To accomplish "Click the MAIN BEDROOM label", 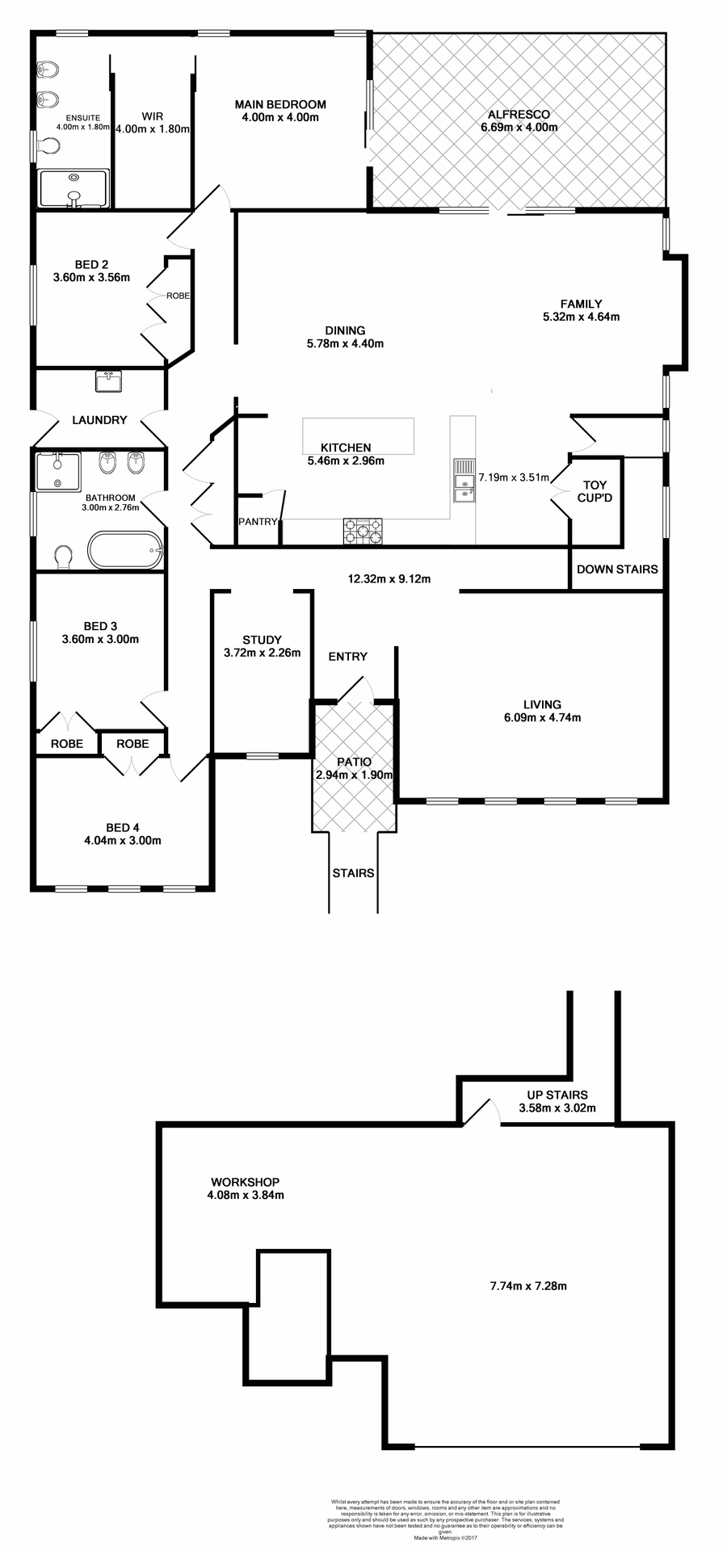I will [280, 104].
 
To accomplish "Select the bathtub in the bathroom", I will [125, 551].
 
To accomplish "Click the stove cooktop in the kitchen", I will [363, 531].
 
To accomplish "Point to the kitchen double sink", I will [464, 481].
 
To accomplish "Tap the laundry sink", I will [108, 380].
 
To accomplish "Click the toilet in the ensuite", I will [50, 146].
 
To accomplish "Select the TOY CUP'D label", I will [595, 492].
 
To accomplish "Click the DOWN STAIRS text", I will [617, 570].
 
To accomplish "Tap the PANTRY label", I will [258, 522].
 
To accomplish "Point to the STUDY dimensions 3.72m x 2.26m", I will [262, 653].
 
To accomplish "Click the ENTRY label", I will [348, 657].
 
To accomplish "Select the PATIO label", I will [354, 762].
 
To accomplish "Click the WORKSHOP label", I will [245, 1182].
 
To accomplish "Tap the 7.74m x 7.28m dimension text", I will [528, 1286].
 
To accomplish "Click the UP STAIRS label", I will [557, 1095].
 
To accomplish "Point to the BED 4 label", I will [123, 827].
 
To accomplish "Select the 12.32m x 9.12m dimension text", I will [389, 579].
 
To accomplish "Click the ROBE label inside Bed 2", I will [178, 296].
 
